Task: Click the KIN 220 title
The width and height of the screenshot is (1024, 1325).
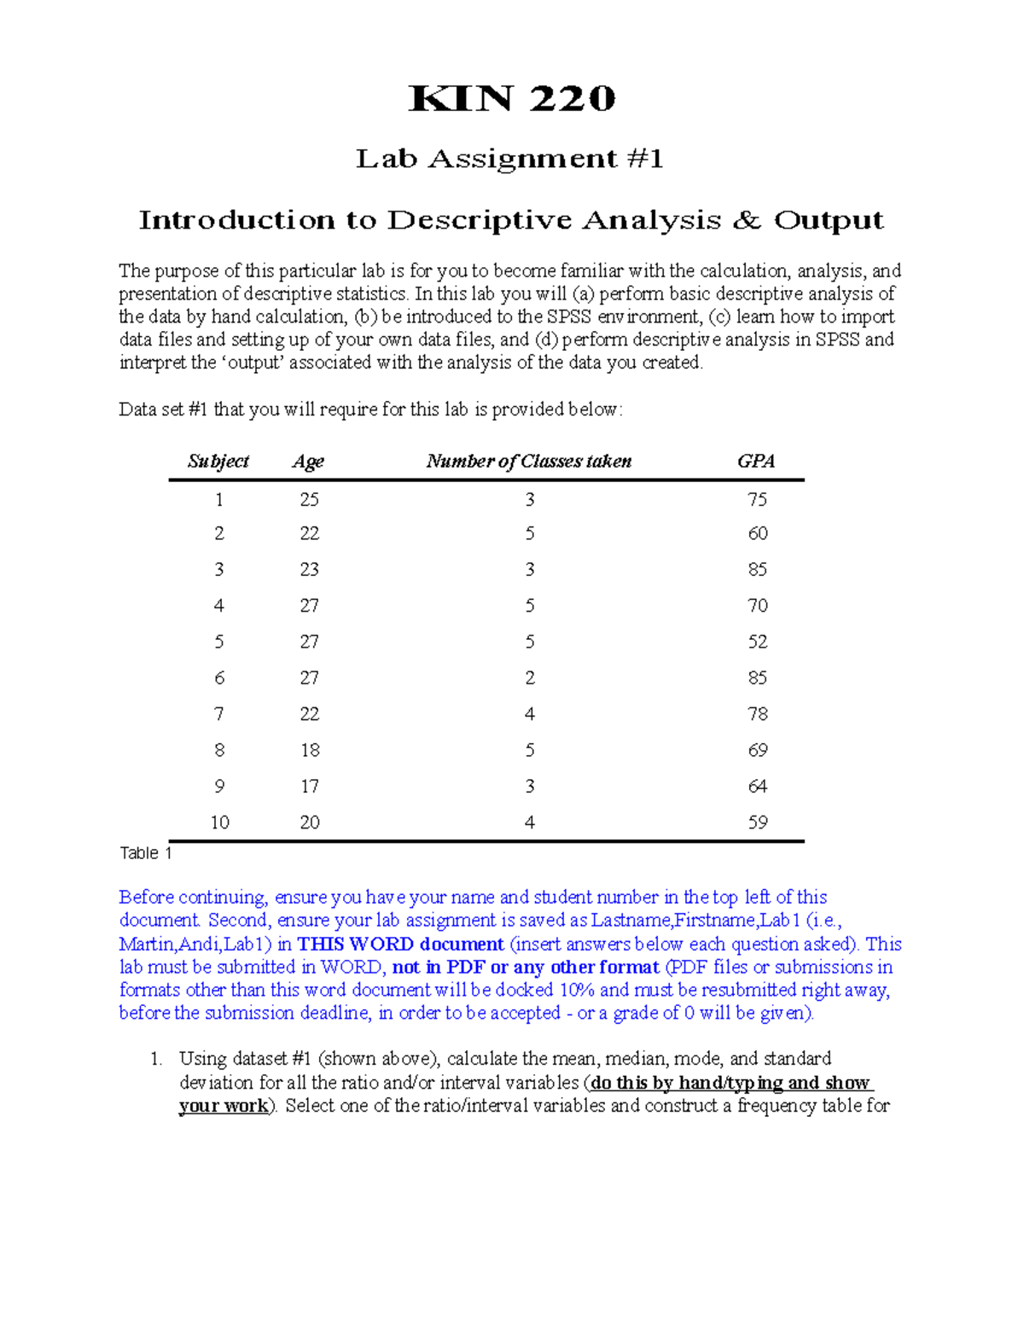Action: [512, 99]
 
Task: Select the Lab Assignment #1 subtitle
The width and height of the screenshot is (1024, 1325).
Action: [509, 159]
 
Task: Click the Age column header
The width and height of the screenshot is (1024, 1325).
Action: [308, 462]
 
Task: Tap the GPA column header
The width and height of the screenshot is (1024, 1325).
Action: [756, 462]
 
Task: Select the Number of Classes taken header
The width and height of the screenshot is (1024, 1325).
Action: [529, 462]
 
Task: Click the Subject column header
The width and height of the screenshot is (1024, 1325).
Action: [218, 462]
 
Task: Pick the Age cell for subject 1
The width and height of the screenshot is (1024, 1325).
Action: [309, 499]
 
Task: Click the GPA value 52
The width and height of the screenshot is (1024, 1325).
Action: [757, 642]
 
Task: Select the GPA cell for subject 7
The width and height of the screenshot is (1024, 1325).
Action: [757, 714]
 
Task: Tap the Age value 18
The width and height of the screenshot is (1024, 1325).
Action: [309, 750]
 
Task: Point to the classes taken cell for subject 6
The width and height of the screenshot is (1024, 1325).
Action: [530, 678]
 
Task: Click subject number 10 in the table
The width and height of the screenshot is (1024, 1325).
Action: [219, 822]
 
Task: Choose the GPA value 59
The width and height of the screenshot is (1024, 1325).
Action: [757, 822]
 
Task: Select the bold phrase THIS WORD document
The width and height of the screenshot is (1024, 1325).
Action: [400, 944]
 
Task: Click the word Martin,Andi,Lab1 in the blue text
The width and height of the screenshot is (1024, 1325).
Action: [195, 944]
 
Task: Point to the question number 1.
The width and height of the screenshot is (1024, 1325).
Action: [155, 1060]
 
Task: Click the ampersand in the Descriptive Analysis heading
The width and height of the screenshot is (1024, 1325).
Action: [747, 220]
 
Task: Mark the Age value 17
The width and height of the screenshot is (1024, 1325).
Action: [309, 787]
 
